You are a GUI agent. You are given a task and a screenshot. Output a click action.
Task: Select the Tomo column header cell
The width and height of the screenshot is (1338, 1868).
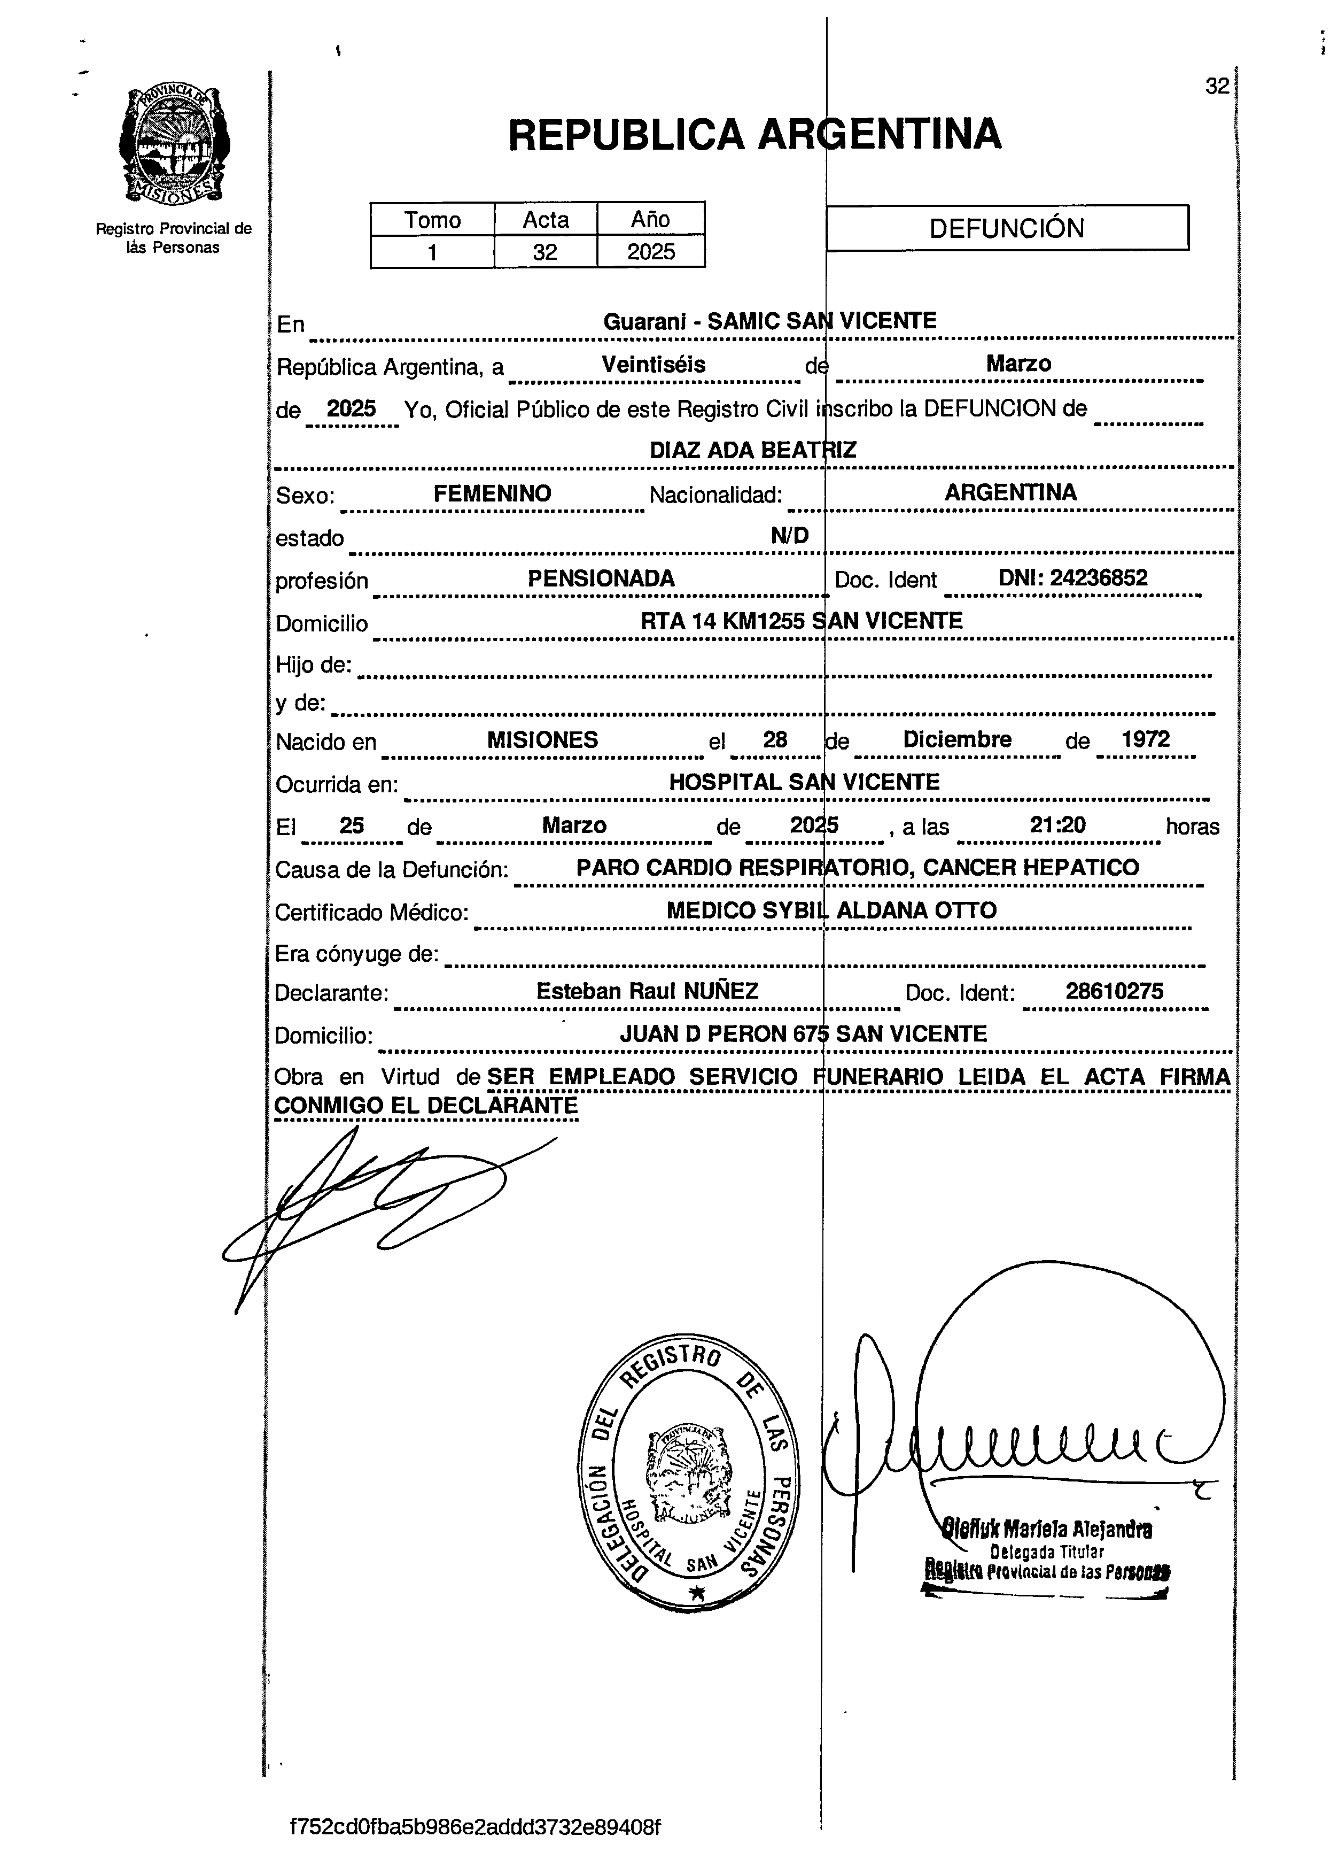click(432, 220)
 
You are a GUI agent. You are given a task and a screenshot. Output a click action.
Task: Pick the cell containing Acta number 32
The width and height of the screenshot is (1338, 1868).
click(545, 252)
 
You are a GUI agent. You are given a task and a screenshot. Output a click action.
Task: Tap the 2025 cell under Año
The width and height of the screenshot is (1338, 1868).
click(650, 252)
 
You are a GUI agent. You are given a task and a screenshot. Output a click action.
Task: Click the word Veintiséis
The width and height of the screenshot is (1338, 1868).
click(654, 364)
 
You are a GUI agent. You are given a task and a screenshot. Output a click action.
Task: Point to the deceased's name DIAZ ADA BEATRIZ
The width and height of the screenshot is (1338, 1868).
click(752, 450)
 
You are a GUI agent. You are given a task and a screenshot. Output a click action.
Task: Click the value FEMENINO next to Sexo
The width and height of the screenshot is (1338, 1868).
click(492, 493)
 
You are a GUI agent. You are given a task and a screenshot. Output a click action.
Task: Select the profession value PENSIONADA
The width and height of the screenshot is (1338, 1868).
click(601, 578)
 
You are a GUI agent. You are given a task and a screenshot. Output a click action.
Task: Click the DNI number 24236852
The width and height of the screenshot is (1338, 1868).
click(1098, 577)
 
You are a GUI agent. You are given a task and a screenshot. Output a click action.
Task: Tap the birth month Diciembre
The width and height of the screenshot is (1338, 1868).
click(957, 739)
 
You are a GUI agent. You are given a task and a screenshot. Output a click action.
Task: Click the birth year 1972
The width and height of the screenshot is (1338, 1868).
click(1145, 739)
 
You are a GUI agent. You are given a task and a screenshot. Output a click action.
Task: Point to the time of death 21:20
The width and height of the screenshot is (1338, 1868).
click(1057, 824)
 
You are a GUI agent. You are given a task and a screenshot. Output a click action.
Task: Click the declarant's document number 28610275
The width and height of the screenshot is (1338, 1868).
click(1114, 991)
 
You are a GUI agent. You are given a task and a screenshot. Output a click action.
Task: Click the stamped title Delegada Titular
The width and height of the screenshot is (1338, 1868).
click(1047, 1551)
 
